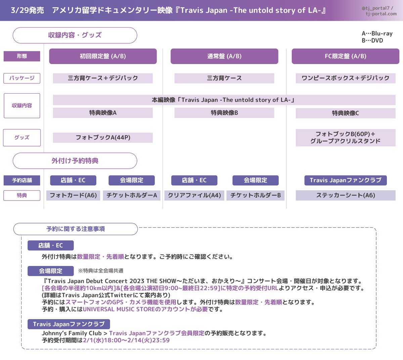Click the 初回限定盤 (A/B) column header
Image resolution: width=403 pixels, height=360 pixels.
click(103, 56)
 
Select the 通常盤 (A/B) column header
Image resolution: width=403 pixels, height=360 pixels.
click(224, 56)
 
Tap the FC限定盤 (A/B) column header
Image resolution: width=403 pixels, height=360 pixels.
click(345, 56)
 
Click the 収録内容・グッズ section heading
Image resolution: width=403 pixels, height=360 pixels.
click(75, 35)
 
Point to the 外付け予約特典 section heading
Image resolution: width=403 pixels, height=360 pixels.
click(75, 161)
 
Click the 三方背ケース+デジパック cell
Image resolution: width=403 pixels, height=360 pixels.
click(103, 78)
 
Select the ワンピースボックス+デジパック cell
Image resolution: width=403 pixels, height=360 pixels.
click(345, 78)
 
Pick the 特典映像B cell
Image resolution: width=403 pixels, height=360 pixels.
click(224, 113)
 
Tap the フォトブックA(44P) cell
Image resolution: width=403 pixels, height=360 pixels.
click(103, 138)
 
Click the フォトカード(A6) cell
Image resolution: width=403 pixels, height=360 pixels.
click(73, 195)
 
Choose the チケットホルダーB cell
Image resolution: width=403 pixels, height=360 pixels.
click(256, 195)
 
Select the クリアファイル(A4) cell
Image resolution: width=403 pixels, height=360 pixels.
click(194, 195)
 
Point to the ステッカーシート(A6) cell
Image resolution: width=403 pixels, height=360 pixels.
click(345, 195)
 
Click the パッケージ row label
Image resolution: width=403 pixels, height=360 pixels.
click(22, 78)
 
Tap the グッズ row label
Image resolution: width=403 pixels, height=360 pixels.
click(22, 138)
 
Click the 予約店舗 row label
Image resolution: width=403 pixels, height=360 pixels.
click(22, 180)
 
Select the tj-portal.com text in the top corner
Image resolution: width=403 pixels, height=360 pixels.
click(381, 14)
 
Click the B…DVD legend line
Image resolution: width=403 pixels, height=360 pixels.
click(372, 41)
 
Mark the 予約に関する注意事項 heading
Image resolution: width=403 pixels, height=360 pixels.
click(76, 229)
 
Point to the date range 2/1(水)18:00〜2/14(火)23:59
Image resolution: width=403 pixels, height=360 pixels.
click(126, 340)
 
